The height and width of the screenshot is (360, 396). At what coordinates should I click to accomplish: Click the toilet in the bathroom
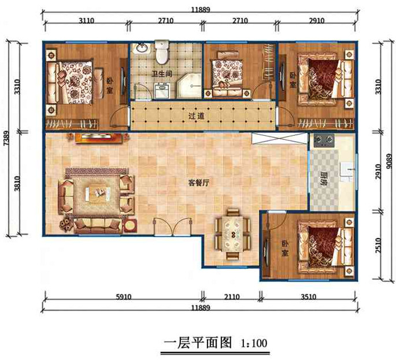[161, 52]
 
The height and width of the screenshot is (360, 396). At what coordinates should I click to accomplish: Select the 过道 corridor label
[195, 116]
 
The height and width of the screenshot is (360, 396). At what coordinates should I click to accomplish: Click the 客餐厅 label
[198, 182]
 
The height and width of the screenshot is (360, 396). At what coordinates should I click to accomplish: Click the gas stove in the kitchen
[324, 140]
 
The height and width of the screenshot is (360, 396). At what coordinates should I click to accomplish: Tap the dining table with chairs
[231, 234]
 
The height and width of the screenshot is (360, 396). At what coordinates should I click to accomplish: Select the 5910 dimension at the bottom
[124, 298]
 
